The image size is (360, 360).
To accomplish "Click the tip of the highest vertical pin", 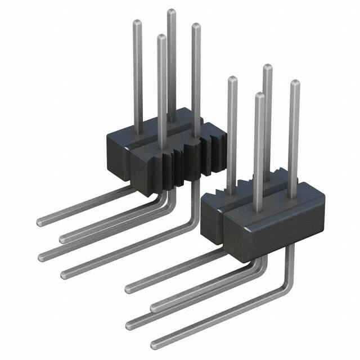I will point(171,12).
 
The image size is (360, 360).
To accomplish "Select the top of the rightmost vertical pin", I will point(294,84).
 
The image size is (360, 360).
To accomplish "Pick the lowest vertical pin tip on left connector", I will point(161,38).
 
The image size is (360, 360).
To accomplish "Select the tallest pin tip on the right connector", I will point(268,68).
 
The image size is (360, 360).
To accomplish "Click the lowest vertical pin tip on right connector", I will point(259,96).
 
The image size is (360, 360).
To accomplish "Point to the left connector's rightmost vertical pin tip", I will point(196,26).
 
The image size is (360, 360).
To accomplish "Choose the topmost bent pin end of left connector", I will point(40,221).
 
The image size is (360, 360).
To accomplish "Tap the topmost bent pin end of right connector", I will point(129,289).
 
